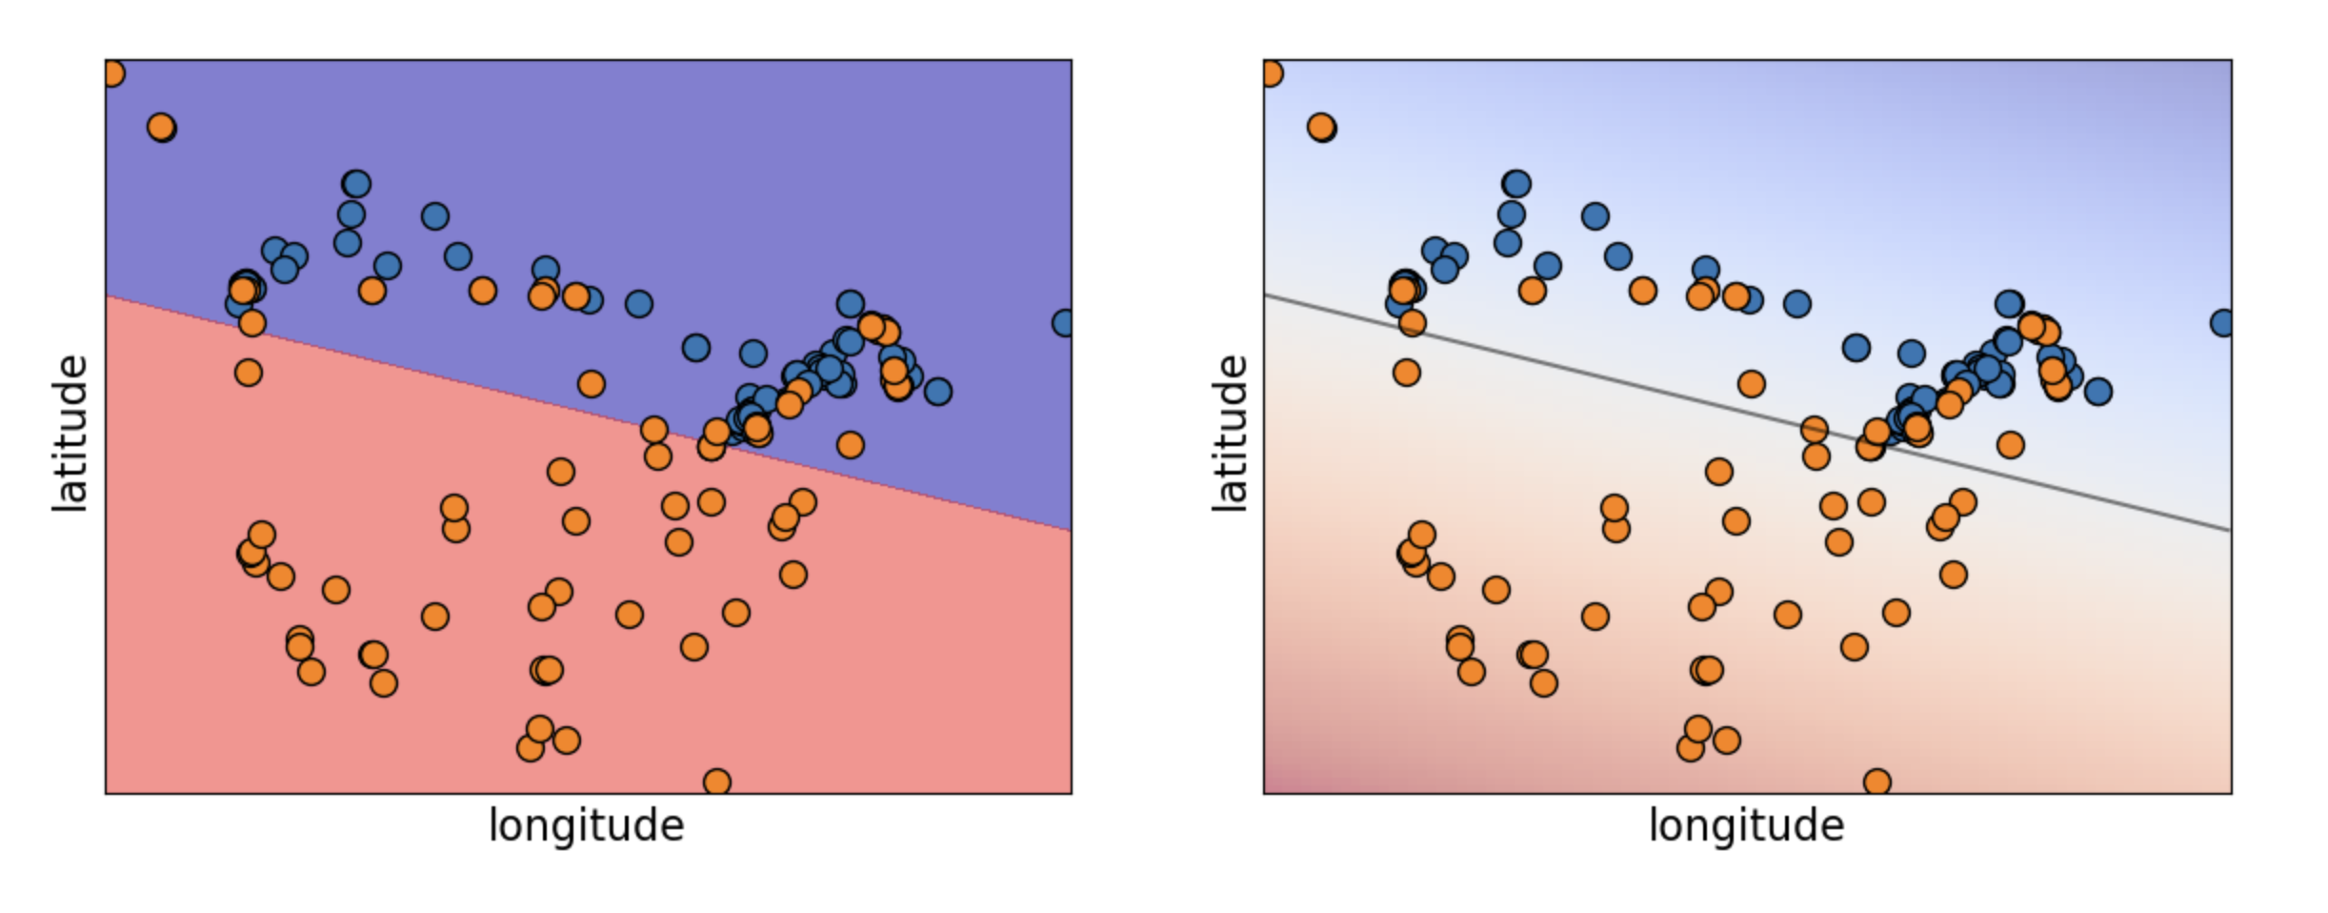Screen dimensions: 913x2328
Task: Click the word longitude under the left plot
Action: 586,825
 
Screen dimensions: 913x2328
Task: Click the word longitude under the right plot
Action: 1746,825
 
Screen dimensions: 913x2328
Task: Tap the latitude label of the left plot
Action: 70,434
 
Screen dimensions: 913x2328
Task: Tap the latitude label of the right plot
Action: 1230,434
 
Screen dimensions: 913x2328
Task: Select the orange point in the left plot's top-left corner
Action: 111,73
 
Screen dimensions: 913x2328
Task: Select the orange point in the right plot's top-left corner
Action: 1271,73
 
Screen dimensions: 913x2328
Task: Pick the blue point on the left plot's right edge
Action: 1064,323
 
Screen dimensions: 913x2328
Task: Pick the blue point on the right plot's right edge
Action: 2222,323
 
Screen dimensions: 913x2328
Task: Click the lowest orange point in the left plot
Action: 717,782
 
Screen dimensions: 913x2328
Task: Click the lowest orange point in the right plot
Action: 1876,782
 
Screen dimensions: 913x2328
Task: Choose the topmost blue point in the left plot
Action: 356,184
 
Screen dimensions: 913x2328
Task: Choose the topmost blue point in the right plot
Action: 1516,184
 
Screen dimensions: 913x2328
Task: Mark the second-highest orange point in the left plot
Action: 161,127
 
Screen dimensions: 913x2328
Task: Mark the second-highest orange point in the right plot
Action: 1320,127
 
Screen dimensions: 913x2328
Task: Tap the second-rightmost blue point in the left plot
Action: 938,391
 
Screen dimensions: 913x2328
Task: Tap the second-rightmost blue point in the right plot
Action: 2097,391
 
